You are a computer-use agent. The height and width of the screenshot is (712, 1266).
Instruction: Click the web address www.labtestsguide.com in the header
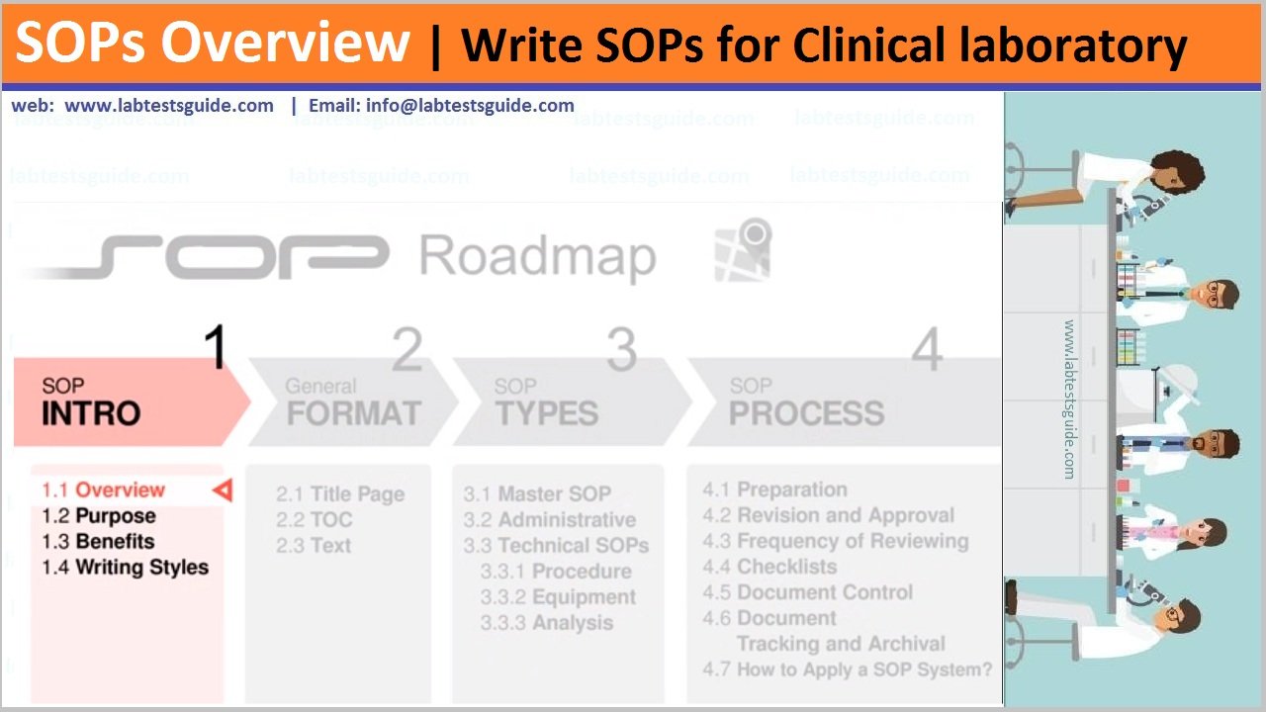169,106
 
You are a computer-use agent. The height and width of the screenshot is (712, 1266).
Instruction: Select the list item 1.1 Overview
103,489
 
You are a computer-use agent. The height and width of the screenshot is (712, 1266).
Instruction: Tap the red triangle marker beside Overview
223,489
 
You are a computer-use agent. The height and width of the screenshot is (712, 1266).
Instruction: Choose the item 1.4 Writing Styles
125,568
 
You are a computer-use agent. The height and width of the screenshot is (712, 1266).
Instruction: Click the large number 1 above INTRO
215,348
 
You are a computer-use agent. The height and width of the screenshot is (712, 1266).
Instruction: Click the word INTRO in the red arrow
91,413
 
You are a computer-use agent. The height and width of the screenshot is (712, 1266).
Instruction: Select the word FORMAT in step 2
353,413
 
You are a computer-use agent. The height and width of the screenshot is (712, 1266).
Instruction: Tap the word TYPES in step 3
546,413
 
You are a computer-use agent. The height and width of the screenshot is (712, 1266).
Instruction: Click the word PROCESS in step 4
806,413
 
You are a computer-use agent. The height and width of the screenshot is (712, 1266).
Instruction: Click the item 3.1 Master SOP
538,494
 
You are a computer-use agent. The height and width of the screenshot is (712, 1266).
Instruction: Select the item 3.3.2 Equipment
558,597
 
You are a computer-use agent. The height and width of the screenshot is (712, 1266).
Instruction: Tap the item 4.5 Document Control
807,592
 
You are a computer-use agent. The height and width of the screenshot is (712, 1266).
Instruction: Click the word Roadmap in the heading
537,257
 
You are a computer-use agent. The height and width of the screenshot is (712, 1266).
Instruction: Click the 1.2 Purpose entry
98,516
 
